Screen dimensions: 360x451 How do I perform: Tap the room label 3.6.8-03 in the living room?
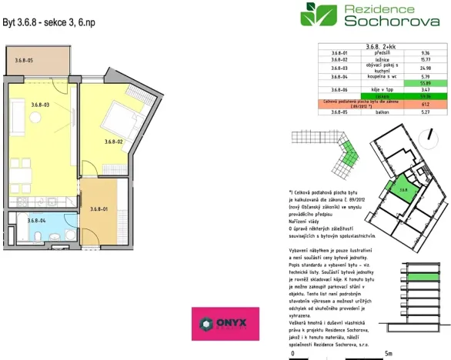[x=40, y=104]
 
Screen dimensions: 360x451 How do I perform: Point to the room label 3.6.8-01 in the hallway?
[x=98, y=209]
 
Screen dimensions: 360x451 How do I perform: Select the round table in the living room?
[x=34, y=117]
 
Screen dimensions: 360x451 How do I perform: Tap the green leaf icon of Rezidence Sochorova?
[x=317, y=14]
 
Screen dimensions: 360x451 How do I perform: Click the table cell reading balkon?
[x=382, y=112]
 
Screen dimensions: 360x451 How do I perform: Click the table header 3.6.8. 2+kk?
[x=382, y=47]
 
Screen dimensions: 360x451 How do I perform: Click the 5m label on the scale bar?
[x=389, y=353]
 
